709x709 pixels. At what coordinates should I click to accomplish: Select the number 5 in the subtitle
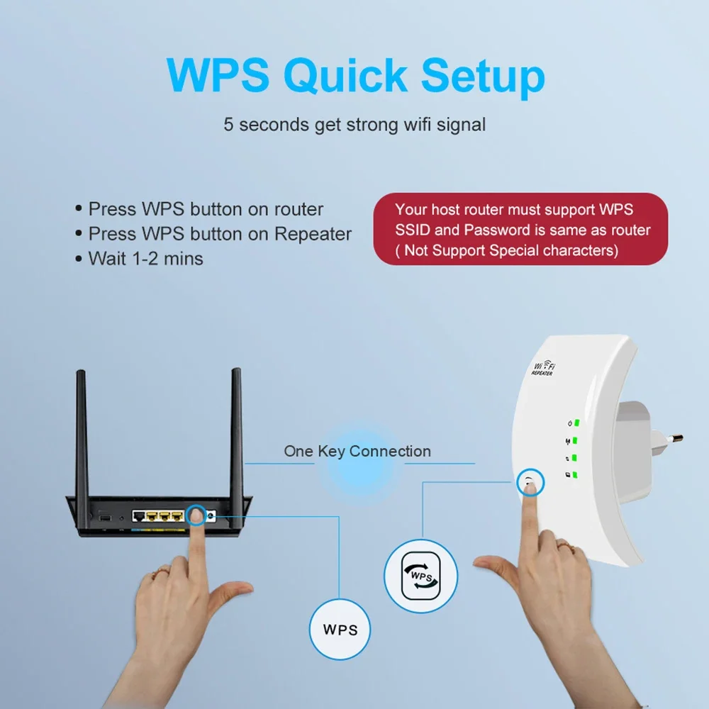pyautogui.click(x=228, y=125)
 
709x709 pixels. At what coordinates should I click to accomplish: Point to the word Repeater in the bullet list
pyautogui.click(x=313, y=234)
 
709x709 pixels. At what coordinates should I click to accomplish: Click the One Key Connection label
pyautogui.click(x=357, y=451)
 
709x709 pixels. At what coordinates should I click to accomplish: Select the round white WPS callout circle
pyautogui.click(x=340, y=629)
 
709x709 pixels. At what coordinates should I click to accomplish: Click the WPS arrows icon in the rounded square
pyautogui.click(x=420, y=576)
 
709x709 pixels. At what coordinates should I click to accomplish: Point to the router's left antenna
pyautogui.click(x=82, y=440)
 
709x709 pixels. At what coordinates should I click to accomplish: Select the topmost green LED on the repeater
pyautogui.click(x=577, y=423)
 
